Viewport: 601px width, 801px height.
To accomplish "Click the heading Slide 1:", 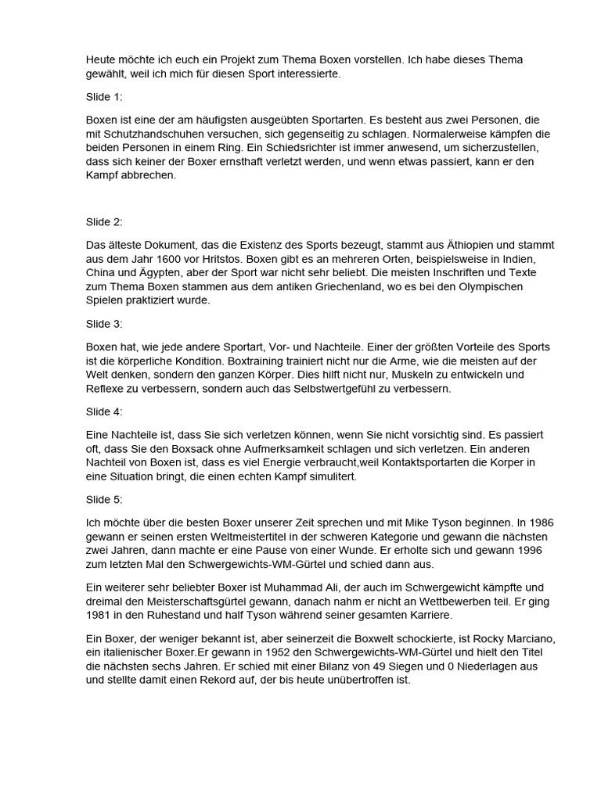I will pyautogui.click(x=104, y=98).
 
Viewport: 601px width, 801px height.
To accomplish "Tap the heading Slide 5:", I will pyautogui.click(x=104, y=498).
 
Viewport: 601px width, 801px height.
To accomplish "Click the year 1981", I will pyautogui.click(x=100, y=615).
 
